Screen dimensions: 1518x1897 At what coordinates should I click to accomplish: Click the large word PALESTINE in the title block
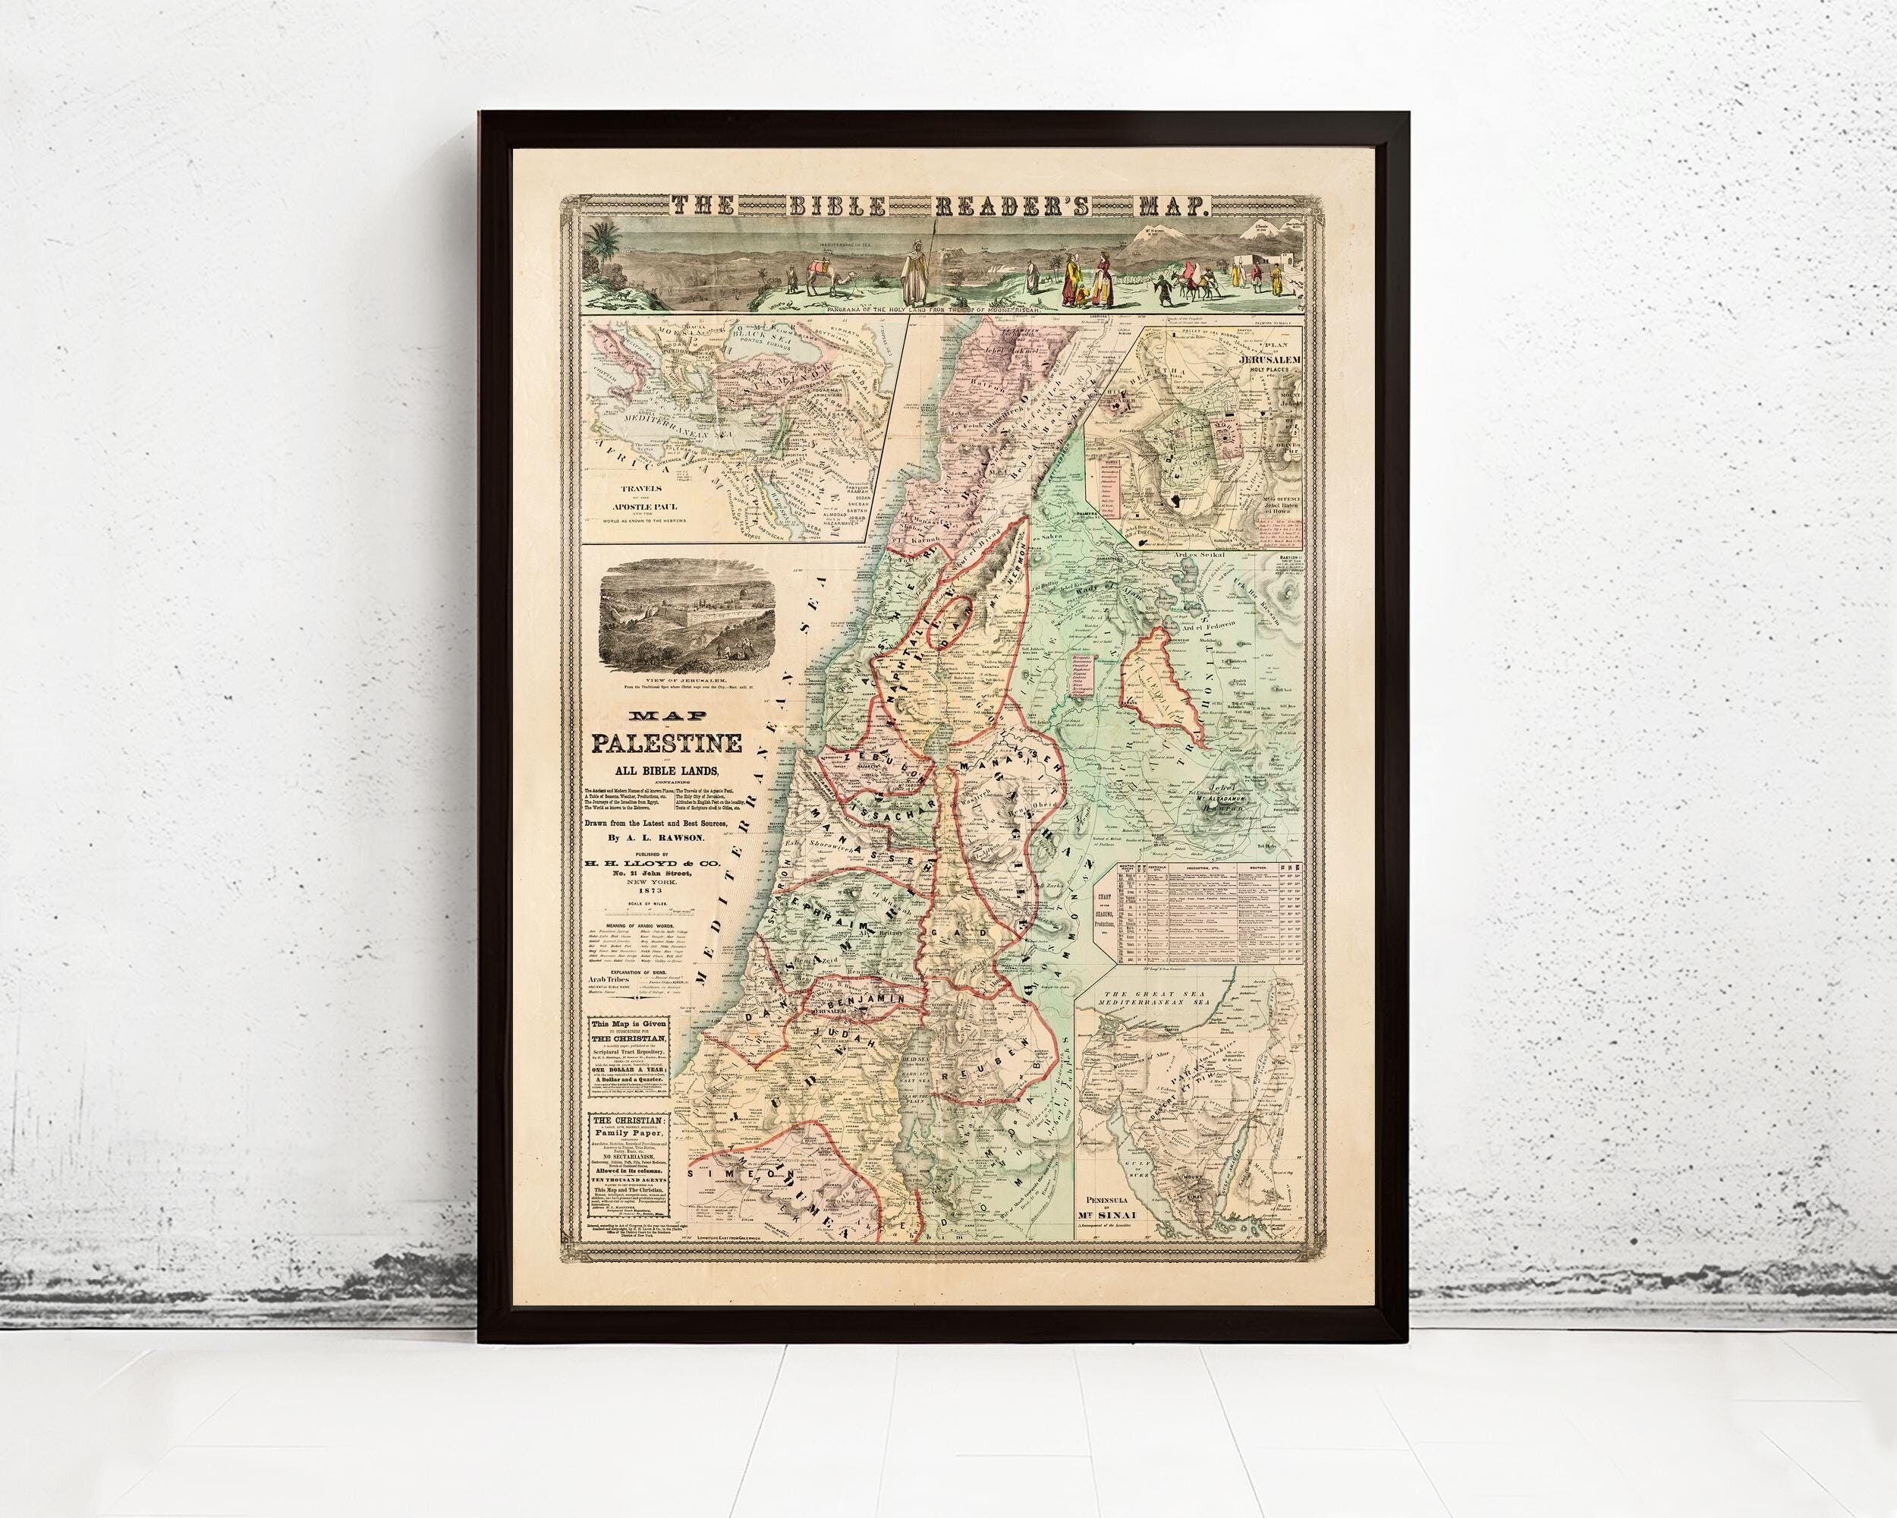click(x=665, y=745)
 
